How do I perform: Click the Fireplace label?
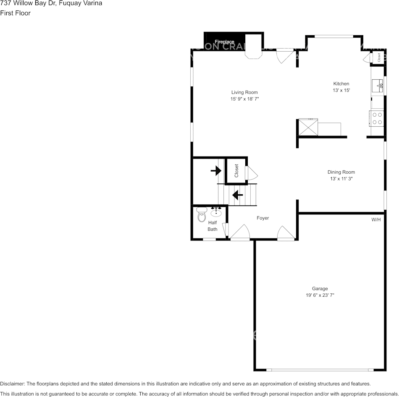pyautogui.click(x=224, y=42)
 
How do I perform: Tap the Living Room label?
pyautogui.click(x=244, y=92)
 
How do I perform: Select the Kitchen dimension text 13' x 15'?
pyautogui.click(x=341, y=90)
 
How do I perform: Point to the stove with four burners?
pyautogui.click(x=377, y=118)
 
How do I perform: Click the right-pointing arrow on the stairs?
pyautogui.click(x=216, y=170)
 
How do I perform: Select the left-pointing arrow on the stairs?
pyautogui.click(x=238, y=195)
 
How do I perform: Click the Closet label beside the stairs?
pyautogui.click(x=236, y=171)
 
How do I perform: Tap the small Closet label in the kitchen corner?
pyautogui.click(x=379, y=57)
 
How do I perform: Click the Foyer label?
pyautogui.click(x=262, y=218)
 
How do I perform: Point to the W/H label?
pyautogui.click(x=376, y=220)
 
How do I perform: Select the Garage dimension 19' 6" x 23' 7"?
pyautogui.click(x=320, y=295)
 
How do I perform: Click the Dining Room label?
pyautogui.click(x=341, y=172)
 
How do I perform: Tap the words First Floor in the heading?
pyautogui.click(x=15, y=13)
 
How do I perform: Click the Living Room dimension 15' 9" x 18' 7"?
pyautogui.click(x=244, y=99)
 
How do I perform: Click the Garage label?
pyautogui.click(x=320, y=289)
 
